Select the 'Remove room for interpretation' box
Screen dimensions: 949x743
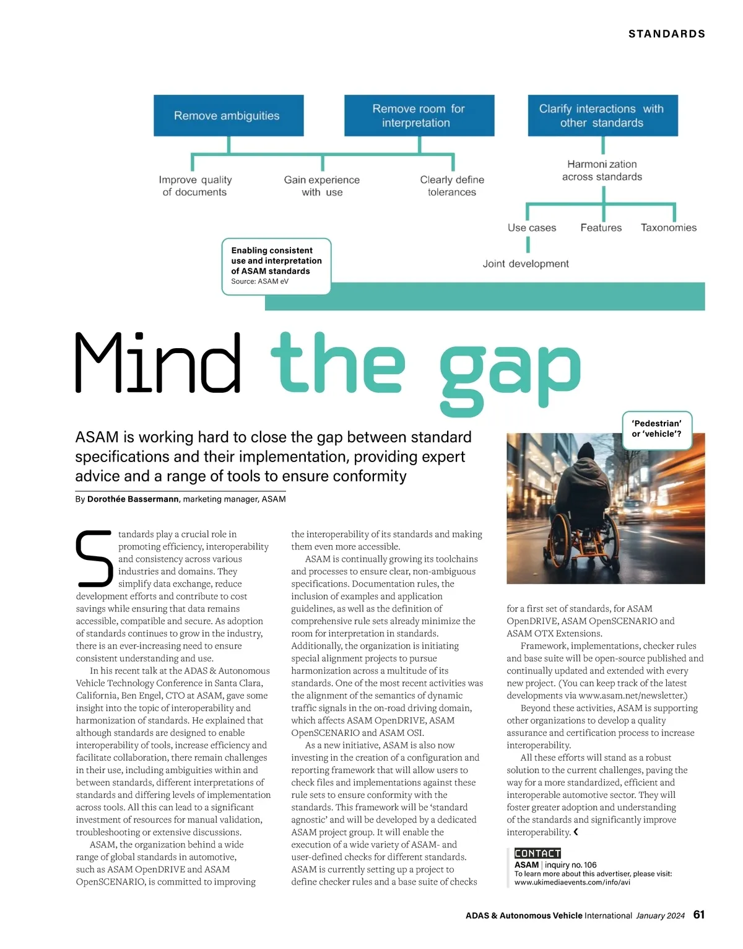419,116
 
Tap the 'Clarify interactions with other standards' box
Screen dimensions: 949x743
602,116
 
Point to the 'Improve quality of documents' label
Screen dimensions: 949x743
195,186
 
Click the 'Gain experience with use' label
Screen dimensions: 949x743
322,186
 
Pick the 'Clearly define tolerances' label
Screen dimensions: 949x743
452,186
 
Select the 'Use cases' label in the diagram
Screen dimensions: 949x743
532,227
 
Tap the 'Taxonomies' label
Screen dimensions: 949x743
669,227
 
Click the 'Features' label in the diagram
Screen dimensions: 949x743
601,227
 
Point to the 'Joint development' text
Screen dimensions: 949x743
526,263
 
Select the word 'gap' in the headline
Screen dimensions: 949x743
510,372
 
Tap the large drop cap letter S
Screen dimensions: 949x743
94,558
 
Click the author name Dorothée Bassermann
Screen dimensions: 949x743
133,499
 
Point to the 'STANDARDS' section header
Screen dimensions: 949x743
667,34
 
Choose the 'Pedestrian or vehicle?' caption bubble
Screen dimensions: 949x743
656,429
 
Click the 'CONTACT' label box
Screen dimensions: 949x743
537,854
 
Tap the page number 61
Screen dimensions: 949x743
699,915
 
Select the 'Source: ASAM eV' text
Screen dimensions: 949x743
259,282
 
